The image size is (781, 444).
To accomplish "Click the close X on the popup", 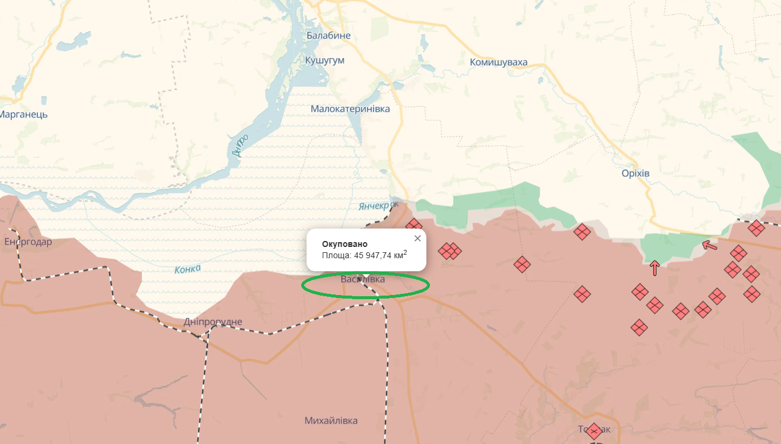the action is pos(417,239).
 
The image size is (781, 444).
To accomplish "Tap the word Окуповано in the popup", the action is pos(345,244).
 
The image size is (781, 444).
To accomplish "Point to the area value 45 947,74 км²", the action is pos(380,255).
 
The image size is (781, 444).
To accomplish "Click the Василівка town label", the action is pos(362,279).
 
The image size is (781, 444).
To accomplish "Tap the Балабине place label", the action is pos(329,36).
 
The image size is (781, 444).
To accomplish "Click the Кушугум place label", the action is pos(324,61).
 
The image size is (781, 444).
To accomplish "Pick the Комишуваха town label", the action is pos(498,62).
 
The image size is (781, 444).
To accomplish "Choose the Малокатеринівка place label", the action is pos(350,109).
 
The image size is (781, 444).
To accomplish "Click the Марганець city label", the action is pos(24,115).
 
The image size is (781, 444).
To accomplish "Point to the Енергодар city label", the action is pos(28,242).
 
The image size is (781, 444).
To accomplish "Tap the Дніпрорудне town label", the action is pos(213,322).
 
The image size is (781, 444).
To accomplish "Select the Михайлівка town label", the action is pos(331,421).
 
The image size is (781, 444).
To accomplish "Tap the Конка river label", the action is pos(187,269).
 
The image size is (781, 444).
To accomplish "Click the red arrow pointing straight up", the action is pos(655,268).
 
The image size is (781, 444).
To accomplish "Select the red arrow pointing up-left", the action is pos(709,245).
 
